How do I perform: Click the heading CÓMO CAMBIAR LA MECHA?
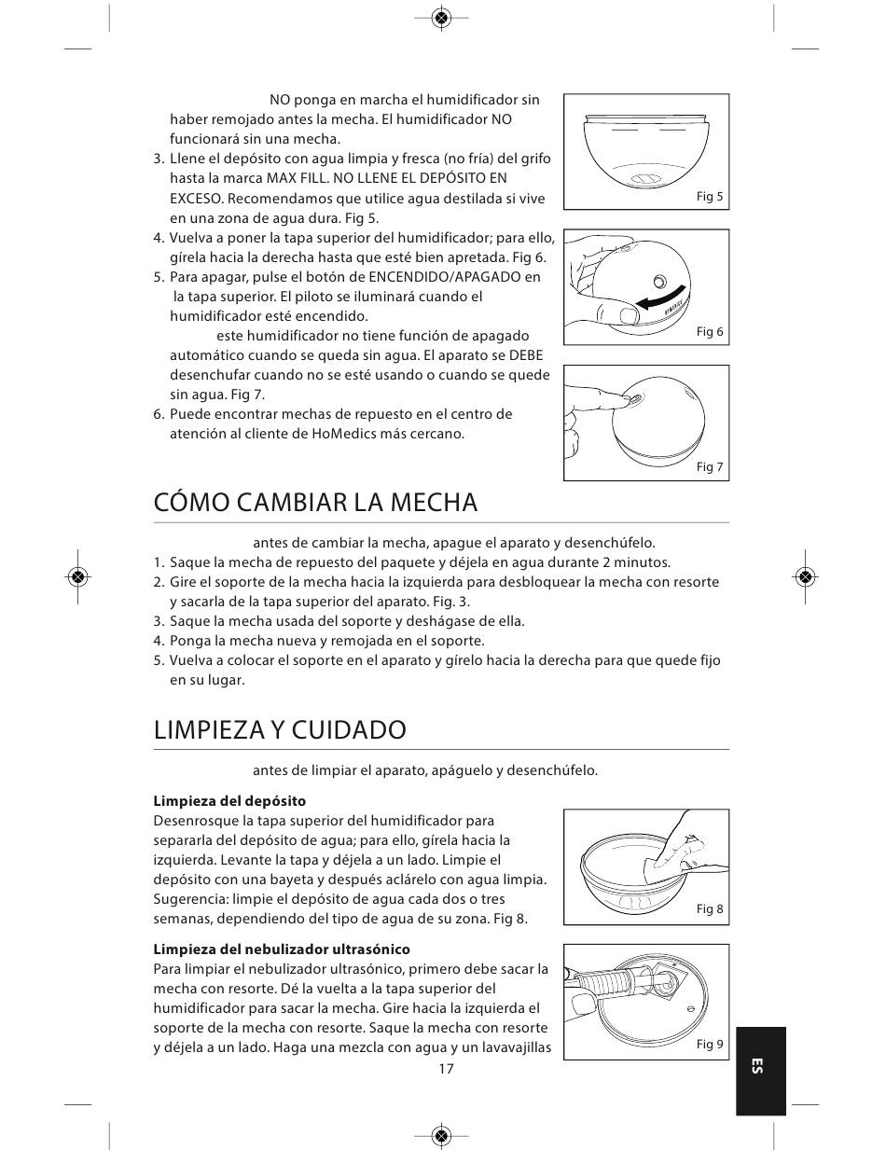(x=315, y=503)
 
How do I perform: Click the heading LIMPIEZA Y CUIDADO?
(x=280, y=729)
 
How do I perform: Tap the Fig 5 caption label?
(x=710, y=197)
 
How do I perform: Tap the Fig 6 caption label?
(x=710, y=332)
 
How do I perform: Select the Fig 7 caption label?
(x=710, y=467)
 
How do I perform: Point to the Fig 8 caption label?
(x=710, y=909)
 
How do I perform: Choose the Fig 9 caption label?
(x=710, y=1045)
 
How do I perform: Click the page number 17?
(x=446, y=1069)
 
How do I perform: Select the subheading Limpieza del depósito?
(x=229, y=801)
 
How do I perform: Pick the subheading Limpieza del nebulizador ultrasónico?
(x=282, y=949)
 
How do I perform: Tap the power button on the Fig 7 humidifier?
(x=635, y=399)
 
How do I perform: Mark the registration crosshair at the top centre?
(x=442, y=18)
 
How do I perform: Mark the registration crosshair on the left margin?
(x=78, y=575)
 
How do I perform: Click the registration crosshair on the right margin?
(x=806, y=575)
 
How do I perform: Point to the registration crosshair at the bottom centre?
(x=442, y=1135)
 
